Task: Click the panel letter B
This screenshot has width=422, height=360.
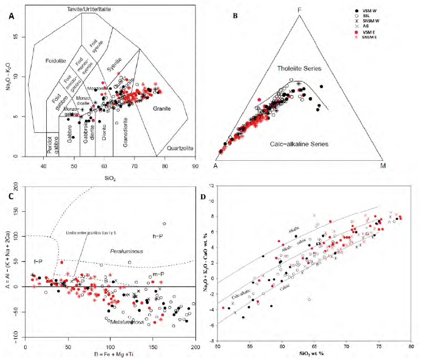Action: click(x=235, y=16)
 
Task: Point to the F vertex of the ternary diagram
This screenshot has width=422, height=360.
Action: click(x=299, y=10)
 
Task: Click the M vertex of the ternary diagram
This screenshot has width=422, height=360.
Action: click(x=383, y=165)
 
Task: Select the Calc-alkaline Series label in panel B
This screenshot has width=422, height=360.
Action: click(x=301, y=144)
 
